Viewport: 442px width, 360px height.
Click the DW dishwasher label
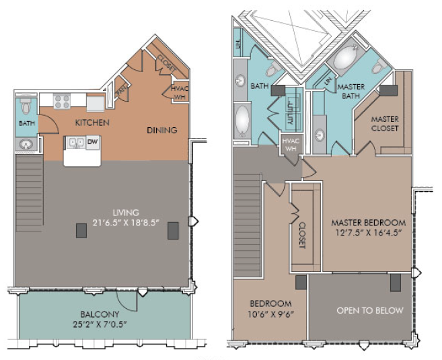pyautogui.click(x=92, y=141)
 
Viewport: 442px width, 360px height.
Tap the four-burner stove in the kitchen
pyautogui.click(x=62, y=102)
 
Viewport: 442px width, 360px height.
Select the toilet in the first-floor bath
pyautogui.click(x=26, y=106)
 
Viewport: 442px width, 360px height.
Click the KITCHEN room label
pyautogui.click(x=92, y=122)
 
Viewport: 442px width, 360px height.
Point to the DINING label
pyautogui.click(x=162, y=131)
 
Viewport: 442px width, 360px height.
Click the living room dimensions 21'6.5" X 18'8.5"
pyautogui.click(x=126, y=223)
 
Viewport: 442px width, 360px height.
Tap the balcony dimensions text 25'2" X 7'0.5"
pyautogui.click(x=100, y=324)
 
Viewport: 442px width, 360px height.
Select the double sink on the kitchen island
pyautogui.click(x=76, y=143)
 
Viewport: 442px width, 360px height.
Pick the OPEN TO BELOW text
pyautogui.click(x=370, y=310)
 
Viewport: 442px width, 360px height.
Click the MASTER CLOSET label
pyautogui.click(x=385, y=124)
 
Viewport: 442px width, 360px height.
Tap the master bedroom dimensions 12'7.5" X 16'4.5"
pyautogui.click(x=369, y=233)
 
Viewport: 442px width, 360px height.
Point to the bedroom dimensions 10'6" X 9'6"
pyautogui.click(x=271, y=314)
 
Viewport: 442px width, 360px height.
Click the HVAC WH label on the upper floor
pyautogui.click(x=291, y=145)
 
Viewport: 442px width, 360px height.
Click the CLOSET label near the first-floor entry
pyautogui.click(x=167, y=63)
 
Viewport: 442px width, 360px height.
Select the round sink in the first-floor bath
pyautogui.click(x=26, y=145)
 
